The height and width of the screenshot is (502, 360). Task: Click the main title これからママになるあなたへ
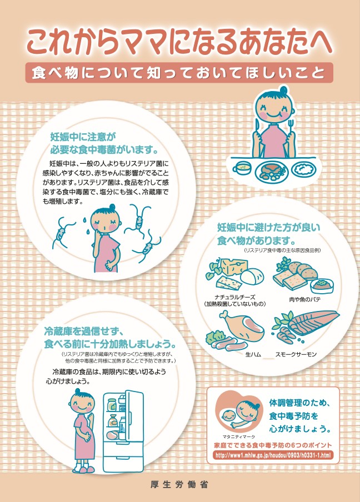(179, 42)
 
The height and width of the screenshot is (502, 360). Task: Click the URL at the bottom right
(272, 455)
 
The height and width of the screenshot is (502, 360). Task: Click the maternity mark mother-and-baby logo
(239, 414)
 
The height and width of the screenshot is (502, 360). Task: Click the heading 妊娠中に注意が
(83, 135)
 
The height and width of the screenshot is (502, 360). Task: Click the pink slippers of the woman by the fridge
(84, 469)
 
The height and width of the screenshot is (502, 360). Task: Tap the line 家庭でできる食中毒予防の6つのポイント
(272, 445)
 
